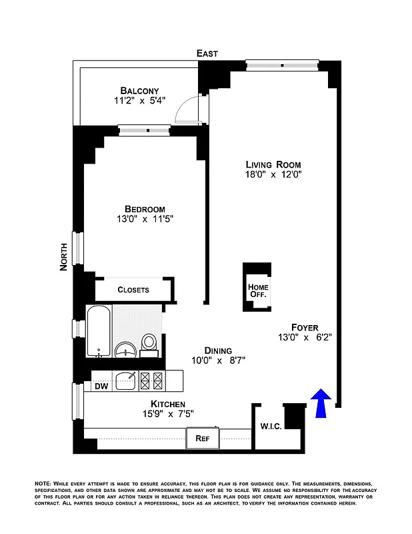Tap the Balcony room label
[x=139, y=91]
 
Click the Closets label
[x=133, y=290]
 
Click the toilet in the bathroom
[x=150, y=342]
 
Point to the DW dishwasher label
[x=101, y=385]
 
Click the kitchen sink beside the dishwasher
[x=126, y=380]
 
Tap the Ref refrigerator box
[x=203, y=439]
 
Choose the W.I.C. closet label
[x=269, y=425]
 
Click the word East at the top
[x=207, y=53]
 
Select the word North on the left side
[x=64, y=256]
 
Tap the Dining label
[x=218, y=350]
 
